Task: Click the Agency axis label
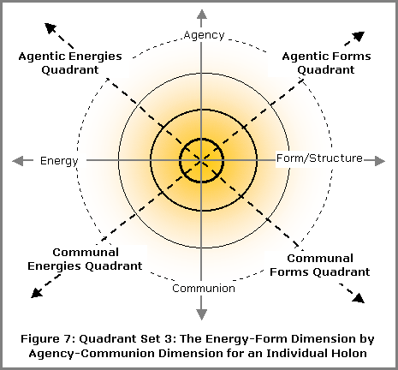[204, 35]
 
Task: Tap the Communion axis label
[204, 289]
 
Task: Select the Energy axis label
[59, 161]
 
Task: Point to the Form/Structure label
[319, 158]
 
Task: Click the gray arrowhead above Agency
[202, 15]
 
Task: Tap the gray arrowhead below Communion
[202, 314]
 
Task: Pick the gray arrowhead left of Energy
[17, 161]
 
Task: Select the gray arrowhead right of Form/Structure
[380, 161]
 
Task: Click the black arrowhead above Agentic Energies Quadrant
[50, 28]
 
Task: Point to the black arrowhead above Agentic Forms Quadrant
[359, 36]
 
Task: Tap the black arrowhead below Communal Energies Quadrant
[37, 293]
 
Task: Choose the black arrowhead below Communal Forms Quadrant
[359, 298]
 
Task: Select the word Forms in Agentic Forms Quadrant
[352, 57]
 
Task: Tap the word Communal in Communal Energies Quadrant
[86, 253]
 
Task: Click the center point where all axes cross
[202, 161]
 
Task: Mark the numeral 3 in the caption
[168, 339]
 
